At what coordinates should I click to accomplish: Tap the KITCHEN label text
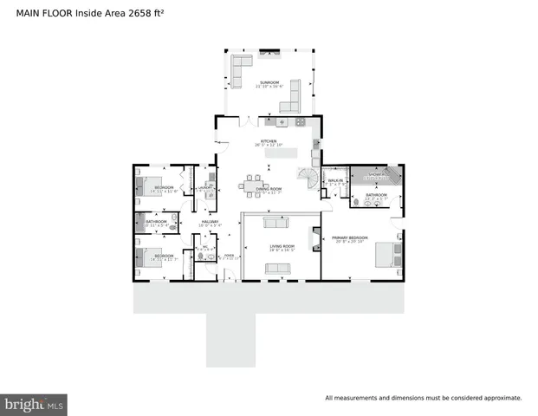(x=269, y=141)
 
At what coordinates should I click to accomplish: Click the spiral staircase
(x=308, y=180)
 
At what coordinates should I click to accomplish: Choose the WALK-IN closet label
(x=336, y=180)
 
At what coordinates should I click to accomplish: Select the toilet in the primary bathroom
(x=355, y=201)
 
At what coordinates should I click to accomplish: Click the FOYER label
(x=229, y=256)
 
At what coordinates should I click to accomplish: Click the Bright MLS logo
(x=34, y=403)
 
